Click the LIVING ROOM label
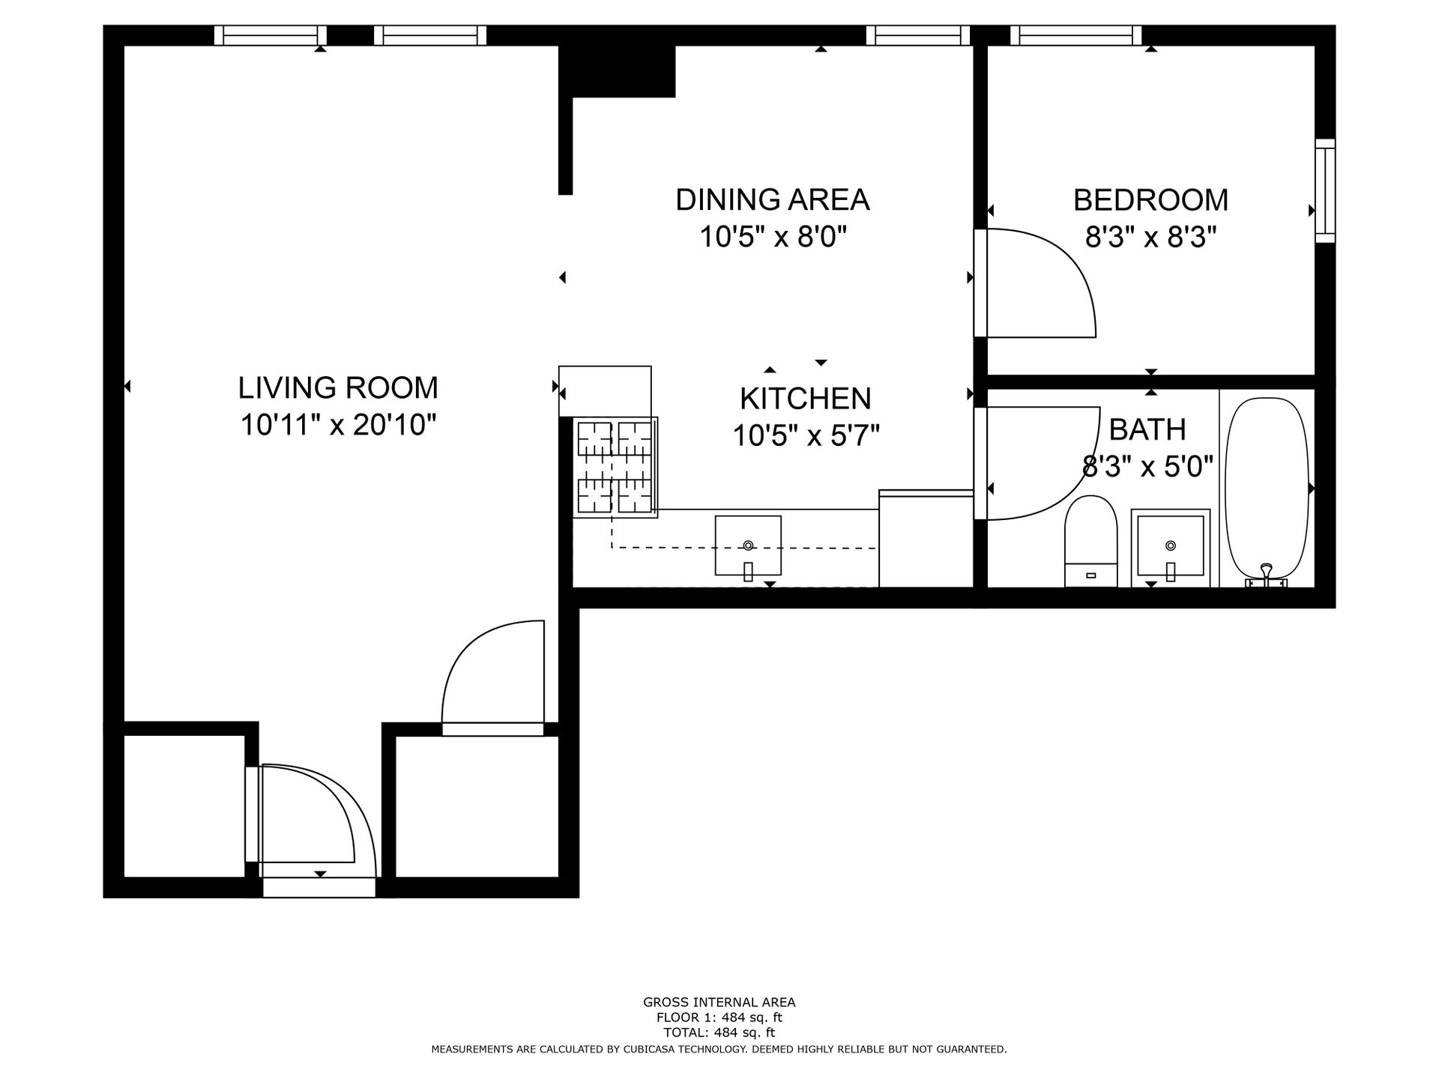click(x=338, y=388)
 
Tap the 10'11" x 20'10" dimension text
click(x=338, y=426)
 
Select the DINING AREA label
click(x=772, y=200)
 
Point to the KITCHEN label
click(x=805, y=399)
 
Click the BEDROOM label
click(x=1150, y=200)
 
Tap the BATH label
click(x=1147, y=430)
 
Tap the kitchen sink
click(x=748, y=545)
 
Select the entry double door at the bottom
click(x=315, y=824)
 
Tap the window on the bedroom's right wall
click(x=1325, y=191)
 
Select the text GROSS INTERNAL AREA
click(x=719, y=1003)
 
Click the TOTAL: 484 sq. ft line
click(x=719, y=1033)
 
